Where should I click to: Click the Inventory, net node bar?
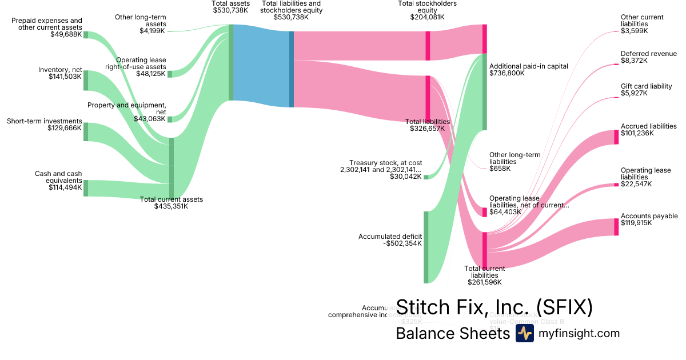tap(86, 81)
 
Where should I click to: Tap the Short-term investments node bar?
tap(86, 131)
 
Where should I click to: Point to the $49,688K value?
tap(66, 34)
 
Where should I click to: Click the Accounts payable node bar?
tap(616, 227)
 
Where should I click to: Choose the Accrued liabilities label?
tap(648, 126)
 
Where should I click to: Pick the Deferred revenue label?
tap(648, 54)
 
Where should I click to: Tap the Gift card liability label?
tap(646, 86)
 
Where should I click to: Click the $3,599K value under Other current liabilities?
tap(634, 31)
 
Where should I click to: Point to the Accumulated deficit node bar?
tap(426, 247)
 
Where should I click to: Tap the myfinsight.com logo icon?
tap(524, 333)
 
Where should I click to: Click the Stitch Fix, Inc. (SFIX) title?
tap(494, 307)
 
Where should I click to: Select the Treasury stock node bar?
tap(426, 177)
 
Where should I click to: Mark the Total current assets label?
tap(171, 199)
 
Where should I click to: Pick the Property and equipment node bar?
tap(170, 119)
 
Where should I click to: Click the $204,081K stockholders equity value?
tap(427, 17)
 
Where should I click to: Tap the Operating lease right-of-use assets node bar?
tap(170, 74)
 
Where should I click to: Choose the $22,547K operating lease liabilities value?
tap(636, 184)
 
